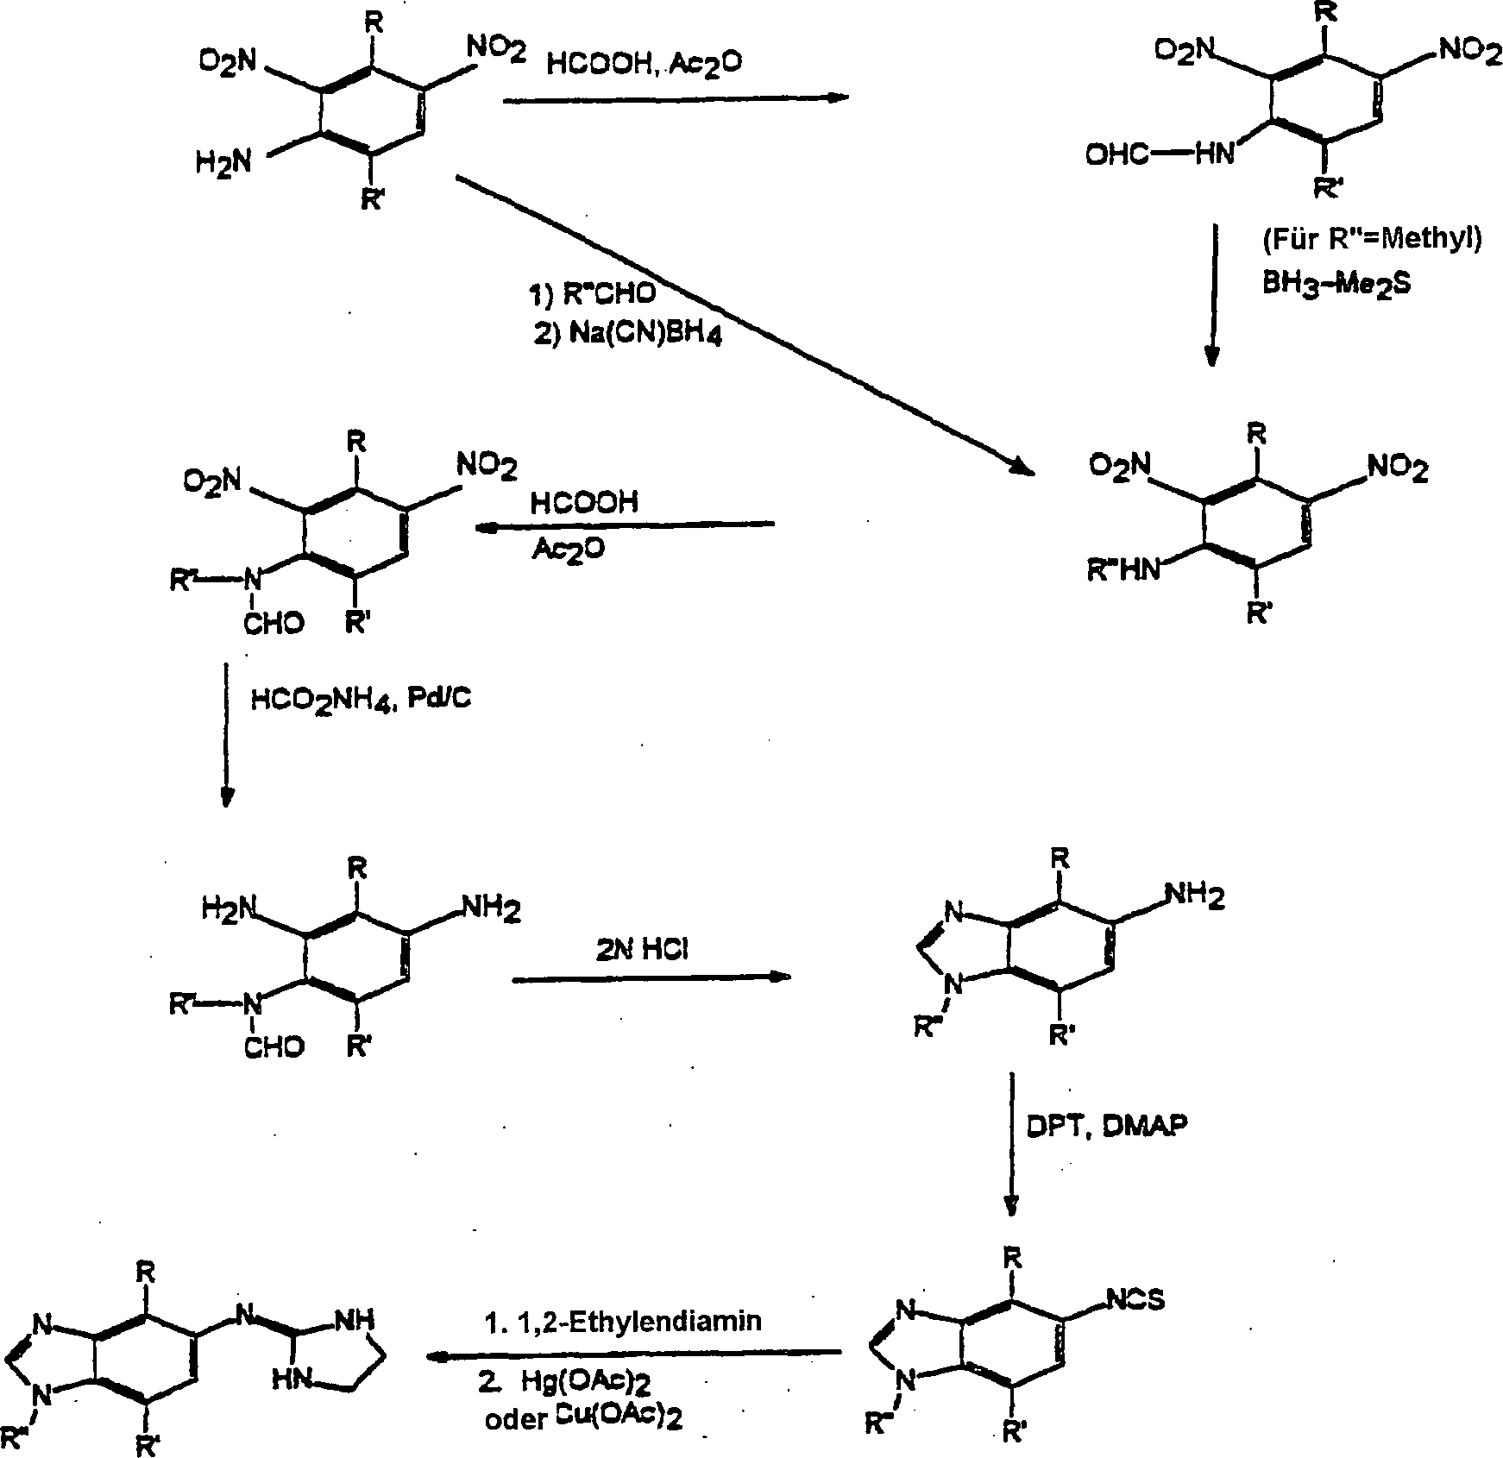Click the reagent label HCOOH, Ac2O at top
point(645,64)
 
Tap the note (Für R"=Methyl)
point(1372,239)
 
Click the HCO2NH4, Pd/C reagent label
point(362,698)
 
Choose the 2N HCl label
point(642,949)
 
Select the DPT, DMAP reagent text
point(1107,1126)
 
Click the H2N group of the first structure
point(223,160)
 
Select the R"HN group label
point(1124,571)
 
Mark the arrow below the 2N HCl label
point(651,978)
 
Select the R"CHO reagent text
point(592,293)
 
